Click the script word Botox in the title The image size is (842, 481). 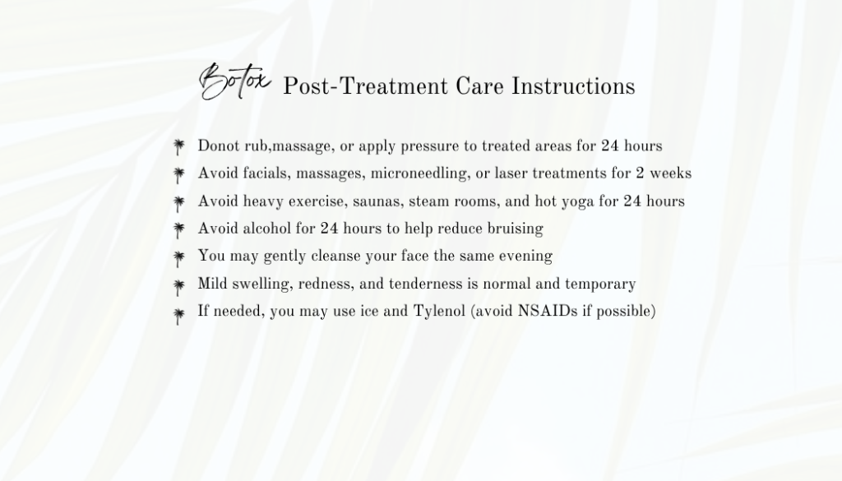pyautogui.click(x=234, y=81)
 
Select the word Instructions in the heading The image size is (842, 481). pyautogui.click(x=573, y=86)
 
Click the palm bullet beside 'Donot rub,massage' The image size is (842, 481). pyautogui.click(x=178, y=147)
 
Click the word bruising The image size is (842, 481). pyautogui.click(x=516, y=229)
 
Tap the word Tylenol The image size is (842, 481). pyautogui.click(x=439, y=312)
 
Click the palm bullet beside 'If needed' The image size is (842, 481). pyautogui.click(x=178, y=316)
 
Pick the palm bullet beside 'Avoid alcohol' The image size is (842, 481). pyautogui.click(x=178, y=230)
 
